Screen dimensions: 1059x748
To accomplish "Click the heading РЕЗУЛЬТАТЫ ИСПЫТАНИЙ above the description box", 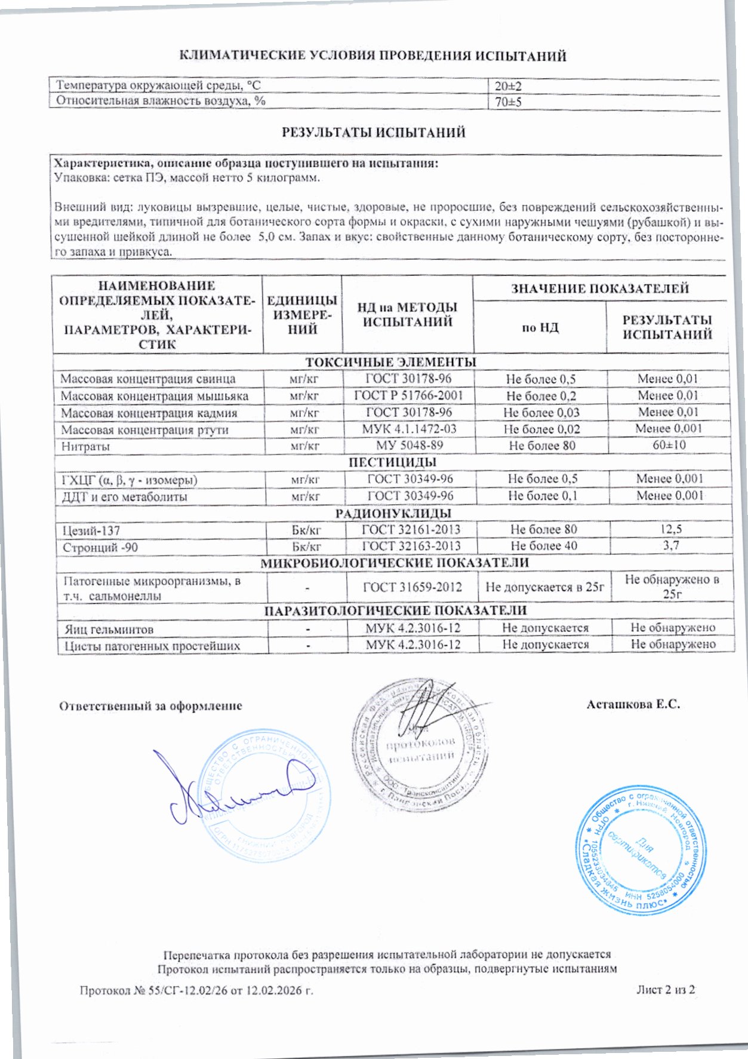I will pos(373,133).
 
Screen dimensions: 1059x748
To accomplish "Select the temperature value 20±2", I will pos(509,86).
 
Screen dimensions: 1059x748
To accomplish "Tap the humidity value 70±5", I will pos(509,102).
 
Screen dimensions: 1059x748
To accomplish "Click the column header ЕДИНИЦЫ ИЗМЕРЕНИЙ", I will pos(302,314).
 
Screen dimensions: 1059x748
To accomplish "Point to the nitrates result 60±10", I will pos(669,445).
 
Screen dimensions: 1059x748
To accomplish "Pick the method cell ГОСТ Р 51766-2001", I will pos(408,395).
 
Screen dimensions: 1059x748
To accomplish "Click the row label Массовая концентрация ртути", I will pos(144,429).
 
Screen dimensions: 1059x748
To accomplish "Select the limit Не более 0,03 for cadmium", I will pos(541,412).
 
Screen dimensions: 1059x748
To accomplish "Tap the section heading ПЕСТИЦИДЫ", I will pos(392,462).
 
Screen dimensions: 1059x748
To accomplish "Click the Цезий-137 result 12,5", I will pos(670,529).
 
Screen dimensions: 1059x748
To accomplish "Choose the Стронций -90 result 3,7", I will pos(670,545).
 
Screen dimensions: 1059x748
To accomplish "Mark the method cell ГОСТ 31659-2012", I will pos(413,587).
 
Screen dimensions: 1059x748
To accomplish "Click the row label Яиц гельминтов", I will pos(109,629).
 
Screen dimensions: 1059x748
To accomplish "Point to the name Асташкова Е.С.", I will pos(633,704).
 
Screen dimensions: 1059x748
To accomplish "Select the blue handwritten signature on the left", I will pos(233,790).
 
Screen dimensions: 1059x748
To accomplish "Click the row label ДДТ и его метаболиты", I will pos(124,496).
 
